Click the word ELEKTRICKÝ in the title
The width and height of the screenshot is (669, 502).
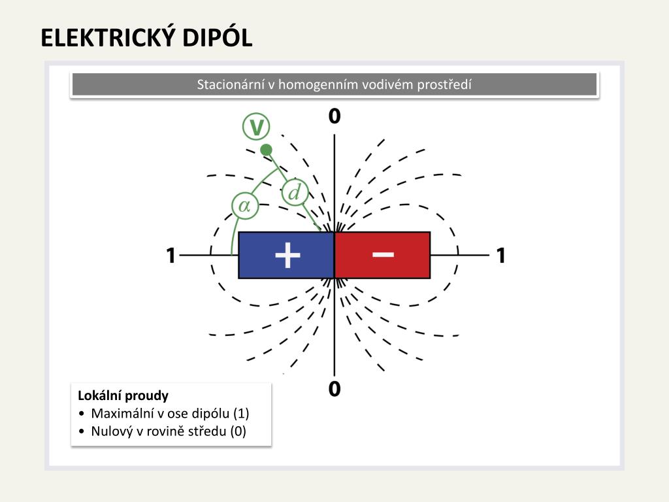(x=108, y=37)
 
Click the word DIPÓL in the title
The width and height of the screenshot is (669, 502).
(x=218, y=37)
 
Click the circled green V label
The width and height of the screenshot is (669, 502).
(x=256, y=127)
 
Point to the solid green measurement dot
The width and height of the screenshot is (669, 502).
(x=267, y=150)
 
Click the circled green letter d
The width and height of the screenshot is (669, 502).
(x=295, y=193)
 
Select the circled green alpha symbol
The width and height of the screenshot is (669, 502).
(x=245, y=206)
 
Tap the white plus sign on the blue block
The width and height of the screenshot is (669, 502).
(x=287, y=256)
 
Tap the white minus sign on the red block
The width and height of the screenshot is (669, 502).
(x=383, y=255)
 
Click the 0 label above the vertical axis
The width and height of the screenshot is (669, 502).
(x=334, y=116)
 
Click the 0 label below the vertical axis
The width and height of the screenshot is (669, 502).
(x=334, y=389)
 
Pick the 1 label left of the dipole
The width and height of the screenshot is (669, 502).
(x=171, y=256)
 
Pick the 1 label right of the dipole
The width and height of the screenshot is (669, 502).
(x=501, y=256)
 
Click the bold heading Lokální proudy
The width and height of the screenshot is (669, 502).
(x=123, y=395)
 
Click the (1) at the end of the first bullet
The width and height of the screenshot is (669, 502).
(x=241, y=413)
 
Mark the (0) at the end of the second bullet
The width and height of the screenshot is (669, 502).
(x=238, y=431)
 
